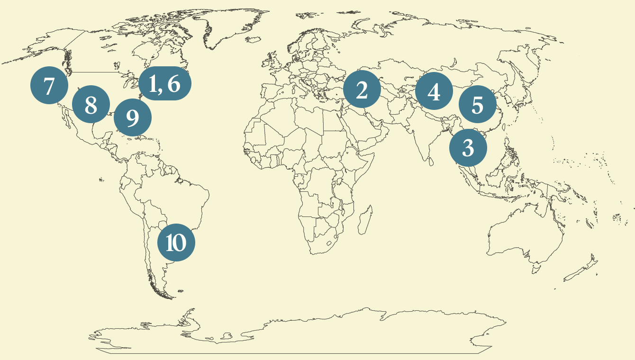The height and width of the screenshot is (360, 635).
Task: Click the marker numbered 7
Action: click(x=49, y=86)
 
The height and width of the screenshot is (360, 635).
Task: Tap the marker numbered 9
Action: click(x=133, y=117)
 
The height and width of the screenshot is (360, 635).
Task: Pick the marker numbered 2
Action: click(x=362, y=90)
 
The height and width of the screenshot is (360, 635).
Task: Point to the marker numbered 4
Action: click(x=434, y=91)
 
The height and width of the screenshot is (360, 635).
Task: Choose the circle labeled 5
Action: click(x=477, y=105)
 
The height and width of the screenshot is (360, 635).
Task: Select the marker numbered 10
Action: click(x=176, y=242)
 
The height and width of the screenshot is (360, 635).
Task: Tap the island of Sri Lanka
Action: click(x=430, y=161)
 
